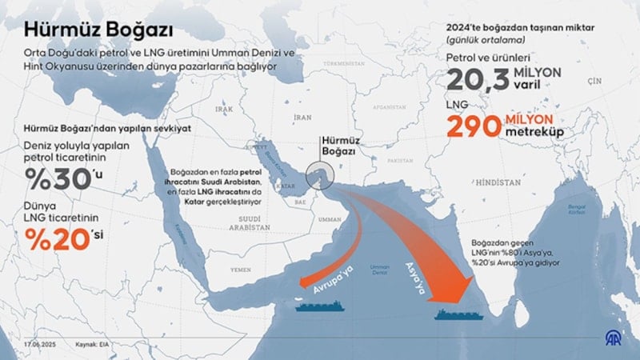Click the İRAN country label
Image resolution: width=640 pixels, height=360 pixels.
point(302,116)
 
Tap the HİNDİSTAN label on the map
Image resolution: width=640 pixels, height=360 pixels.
point(498,182)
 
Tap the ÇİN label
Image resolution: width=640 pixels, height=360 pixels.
point(594,82)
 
